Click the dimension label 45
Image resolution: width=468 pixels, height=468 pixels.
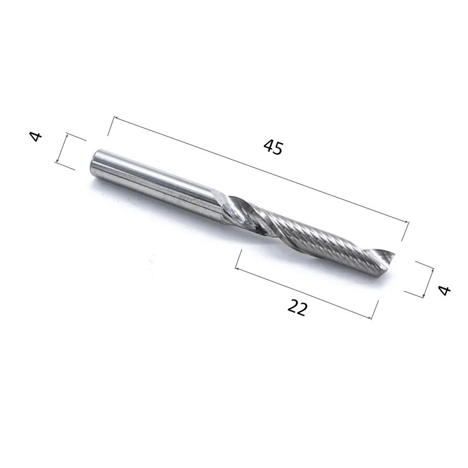tap(273, 147)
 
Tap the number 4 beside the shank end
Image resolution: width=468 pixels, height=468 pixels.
tap(36, 137)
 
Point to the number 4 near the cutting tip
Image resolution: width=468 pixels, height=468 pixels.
tap(444, 290)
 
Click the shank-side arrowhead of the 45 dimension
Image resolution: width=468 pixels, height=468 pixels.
tap(116, 119)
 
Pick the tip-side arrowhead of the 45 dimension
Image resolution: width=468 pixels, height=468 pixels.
tap(406, 221)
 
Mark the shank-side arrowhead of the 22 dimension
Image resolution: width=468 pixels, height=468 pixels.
tap(238, 268)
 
